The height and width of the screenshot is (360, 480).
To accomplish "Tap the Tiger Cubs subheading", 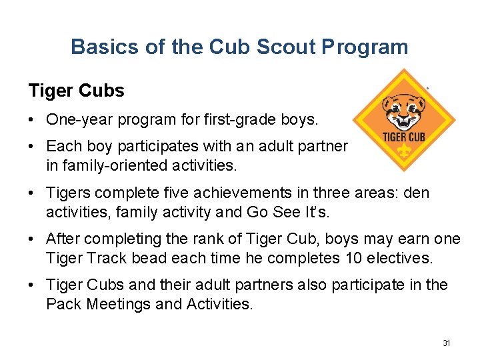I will pyautogui.click(x=76, y=91).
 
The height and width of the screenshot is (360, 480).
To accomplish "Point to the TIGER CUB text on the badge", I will pyautogui.click(x=404, y=137).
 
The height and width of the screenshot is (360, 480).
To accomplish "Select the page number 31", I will pyautogui.click(x=447, y=343).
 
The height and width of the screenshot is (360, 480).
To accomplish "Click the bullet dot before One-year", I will pyautogui.click(x=32, y=121).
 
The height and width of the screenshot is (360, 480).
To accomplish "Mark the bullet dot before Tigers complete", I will pyautogui.click(x=32, y=194).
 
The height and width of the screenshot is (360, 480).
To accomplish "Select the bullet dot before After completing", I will pyautogui.click(x=32, y=239).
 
